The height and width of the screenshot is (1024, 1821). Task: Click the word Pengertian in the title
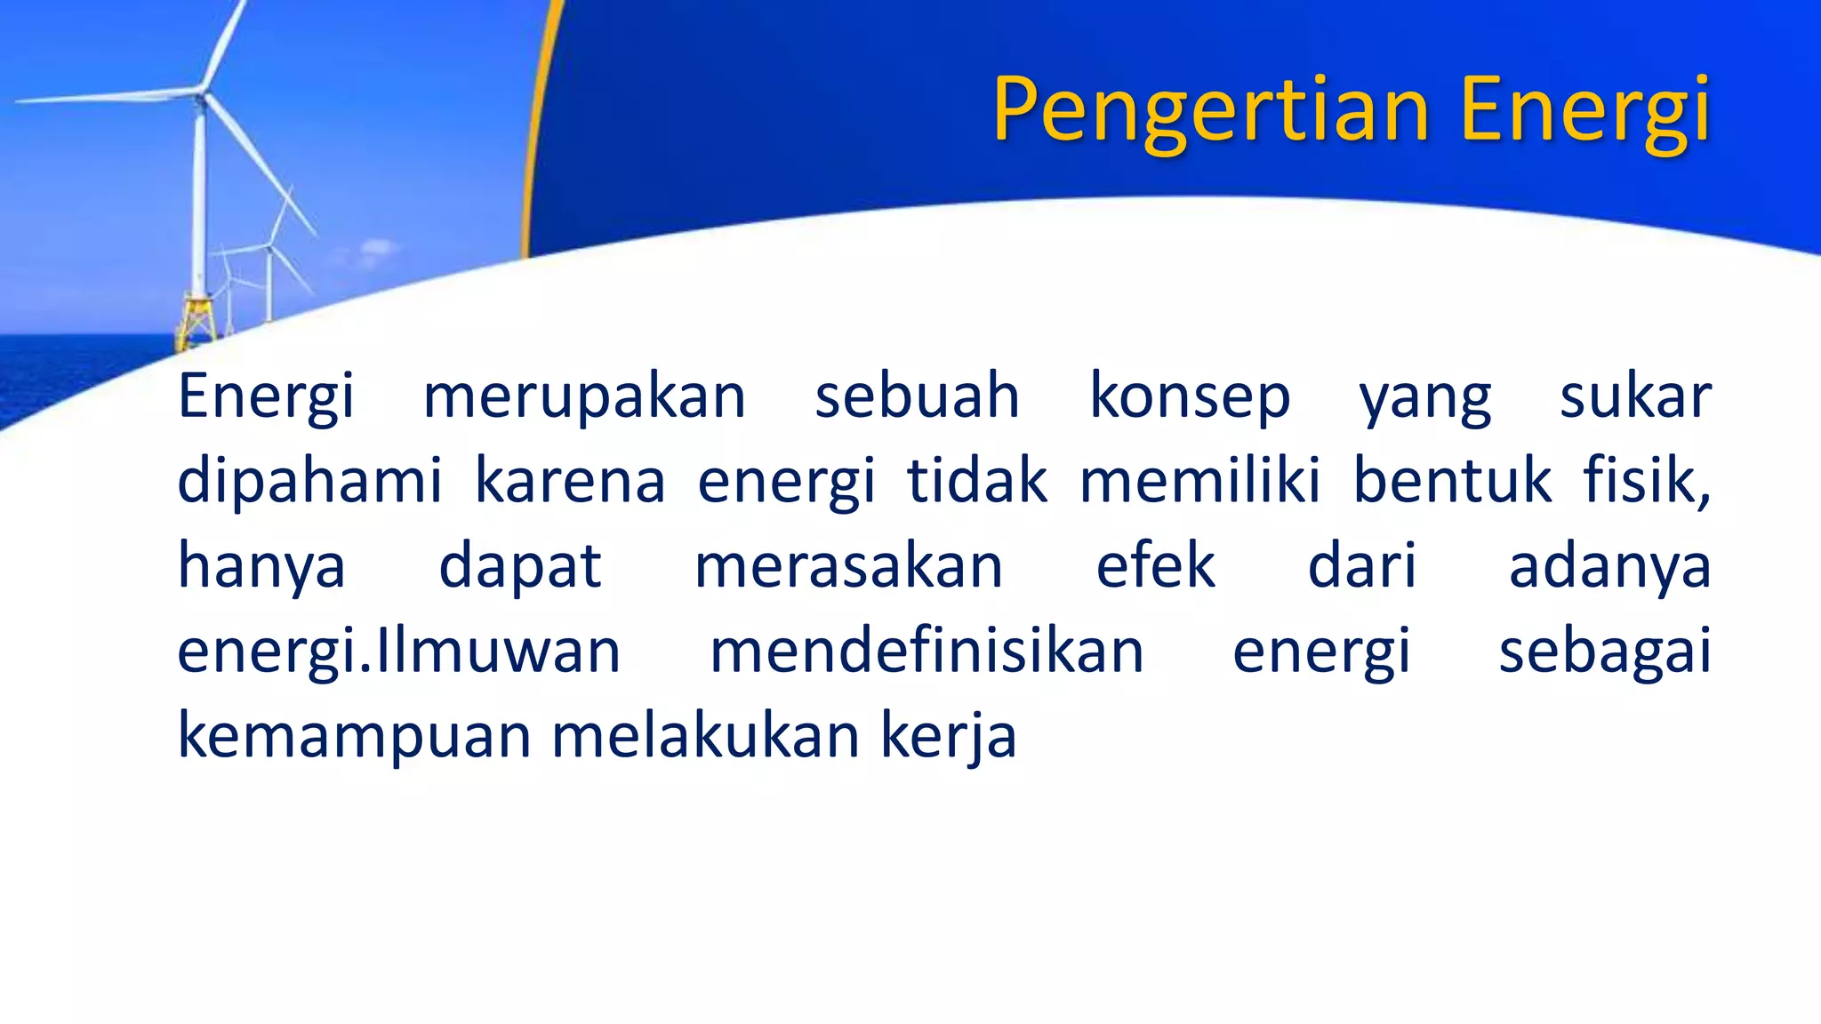click(x=1210, y=111)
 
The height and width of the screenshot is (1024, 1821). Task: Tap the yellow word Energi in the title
click(x=1584, y=111)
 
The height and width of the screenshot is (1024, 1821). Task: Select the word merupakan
click(x=584, y=396)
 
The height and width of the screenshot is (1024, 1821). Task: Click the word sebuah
click(x=917, y=396)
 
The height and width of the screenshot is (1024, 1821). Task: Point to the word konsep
click(x=1190, y=396)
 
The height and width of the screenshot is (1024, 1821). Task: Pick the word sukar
click(x=1635, y=396)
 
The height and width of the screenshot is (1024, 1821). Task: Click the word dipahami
click(x=309, y=482)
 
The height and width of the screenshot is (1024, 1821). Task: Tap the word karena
click(x=570, y=482)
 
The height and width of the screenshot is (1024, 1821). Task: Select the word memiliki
click(x=1199, y=482)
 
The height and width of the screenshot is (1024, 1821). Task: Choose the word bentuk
click(x=1452, y=482)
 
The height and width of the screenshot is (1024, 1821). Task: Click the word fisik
click(x=1645, y=482)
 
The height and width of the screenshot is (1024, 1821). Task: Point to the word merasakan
click(x=848, y=567)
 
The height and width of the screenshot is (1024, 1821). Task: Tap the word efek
click(x=1155, y=565)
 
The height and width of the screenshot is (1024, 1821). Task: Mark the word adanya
click(x=1609, y=567)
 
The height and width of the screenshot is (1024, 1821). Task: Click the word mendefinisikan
click(x=927, y=651)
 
